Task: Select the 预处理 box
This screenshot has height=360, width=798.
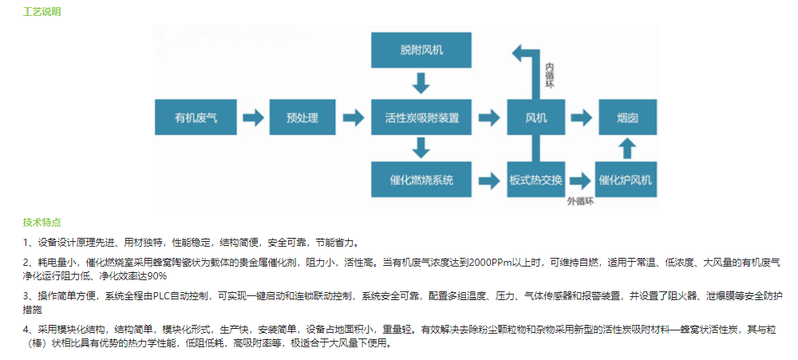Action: (302, 117)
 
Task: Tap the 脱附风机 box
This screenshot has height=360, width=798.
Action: (421, 50)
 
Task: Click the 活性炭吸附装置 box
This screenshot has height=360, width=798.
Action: (421, 117)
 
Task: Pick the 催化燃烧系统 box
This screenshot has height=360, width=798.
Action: (421, 180)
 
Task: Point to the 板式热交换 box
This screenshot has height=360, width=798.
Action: (536, 180)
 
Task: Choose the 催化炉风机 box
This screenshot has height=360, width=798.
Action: (626, 180)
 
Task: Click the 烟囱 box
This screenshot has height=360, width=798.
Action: (627, 117)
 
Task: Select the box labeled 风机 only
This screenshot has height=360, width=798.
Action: (536, 117)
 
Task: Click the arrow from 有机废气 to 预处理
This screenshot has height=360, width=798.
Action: (253, 117)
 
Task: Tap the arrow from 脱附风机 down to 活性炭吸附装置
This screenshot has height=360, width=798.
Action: (421, 83)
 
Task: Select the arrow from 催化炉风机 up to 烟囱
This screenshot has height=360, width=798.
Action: (627, 148)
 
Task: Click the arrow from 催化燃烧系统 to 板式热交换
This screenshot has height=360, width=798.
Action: (489, 180)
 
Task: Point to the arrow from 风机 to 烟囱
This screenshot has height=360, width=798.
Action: (581, 117)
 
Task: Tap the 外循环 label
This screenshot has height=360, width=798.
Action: (581, 201)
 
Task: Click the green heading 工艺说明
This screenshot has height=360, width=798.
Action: (41, 11)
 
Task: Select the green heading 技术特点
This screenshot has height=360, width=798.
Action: (41, 223)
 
